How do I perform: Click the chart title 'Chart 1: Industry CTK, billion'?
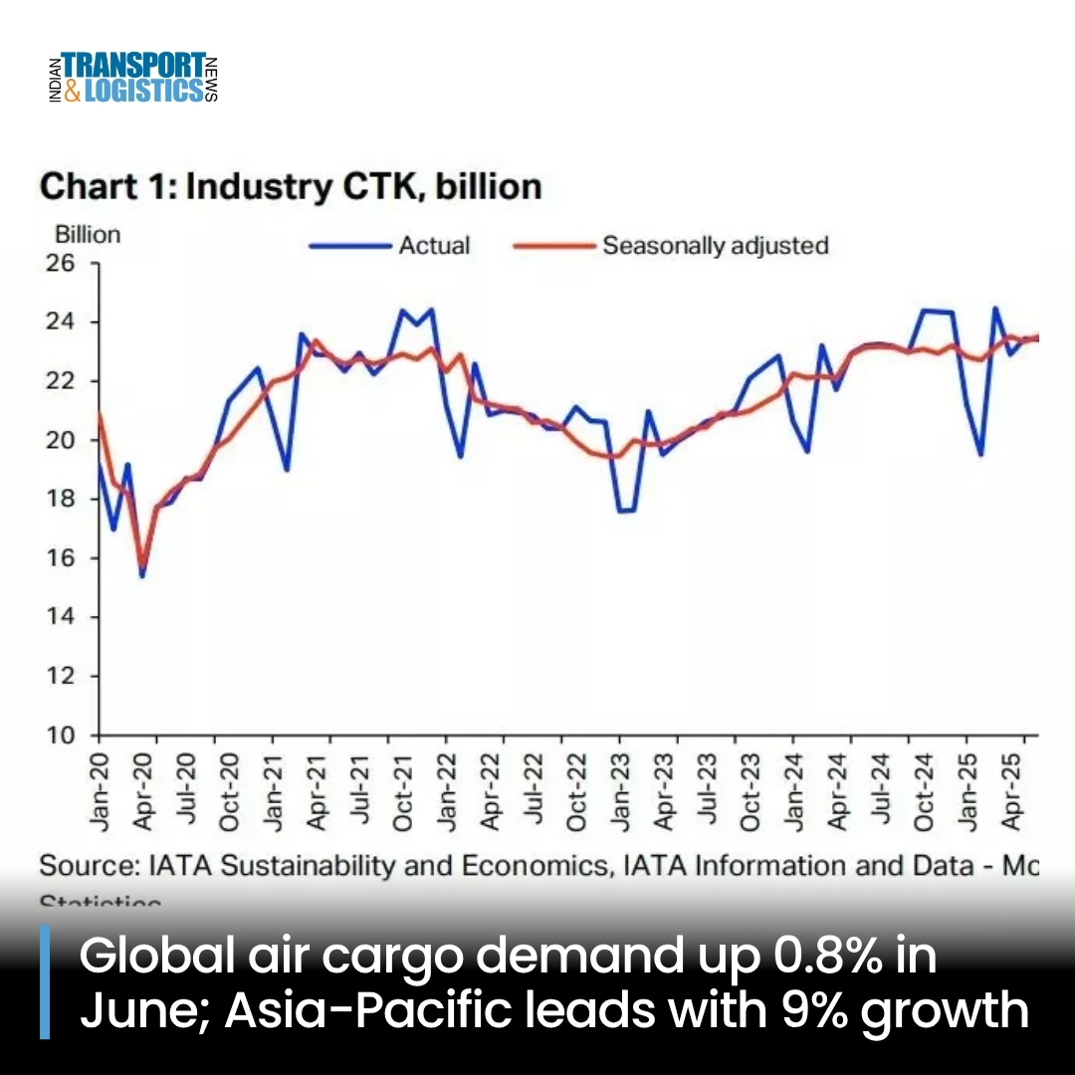click(290, 186)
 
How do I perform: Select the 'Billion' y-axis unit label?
click(87, 235)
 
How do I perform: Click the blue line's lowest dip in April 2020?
click(141, 575)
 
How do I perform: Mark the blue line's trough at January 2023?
click(621, 511)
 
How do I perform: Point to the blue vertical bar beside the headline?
click(44, 982)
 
